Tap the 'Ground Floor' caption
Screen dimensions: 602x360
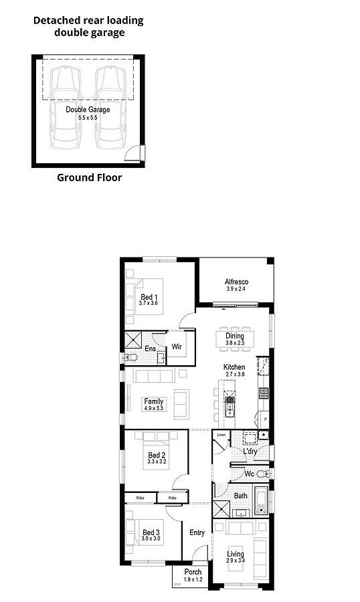89,178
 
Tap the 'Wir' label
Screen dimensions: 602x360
177,347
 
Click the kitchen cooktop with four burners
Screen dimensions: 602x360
264,393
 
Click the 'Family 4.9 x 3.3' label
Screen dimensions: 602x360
153,405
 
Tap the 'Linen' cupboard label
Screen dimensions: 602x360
221,435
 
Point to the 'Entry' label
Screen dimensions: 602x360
197,532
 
